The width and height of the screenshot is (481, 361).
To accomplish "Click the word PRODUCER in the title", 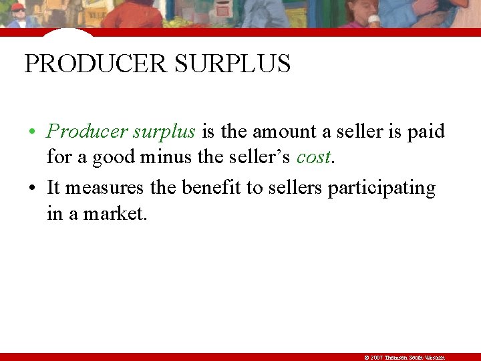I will (94, 64).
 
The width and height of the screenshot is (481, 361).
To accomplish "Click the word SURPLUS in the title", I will (232, 64).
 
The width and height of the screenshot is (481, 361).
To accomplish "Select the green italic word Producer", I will (88, 132).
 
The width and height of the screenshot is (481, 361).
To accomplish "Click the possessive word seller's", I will (259, 157).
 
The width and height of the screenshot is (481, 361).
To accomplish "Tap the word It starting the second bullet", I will (53, 188).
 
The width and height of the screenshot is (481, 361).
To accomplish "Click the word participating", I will (381, 188).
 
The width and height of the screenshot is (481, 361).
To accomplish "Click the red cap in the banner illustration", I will (18, 7).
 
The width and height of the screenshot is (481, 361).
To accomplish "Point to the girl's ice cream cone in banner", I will (374, 20).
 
